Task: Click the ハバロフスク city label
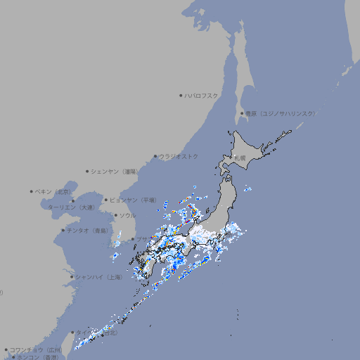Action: pos(202,95)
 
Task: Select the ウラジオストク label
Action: pos(179,156)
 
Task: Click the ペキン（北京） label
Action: pos(53,191)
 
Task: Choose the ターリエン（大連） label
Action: pos(70,207)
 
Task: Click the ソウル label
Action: pos(127,215)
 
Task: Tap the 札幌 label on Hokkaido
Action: pos(240,158)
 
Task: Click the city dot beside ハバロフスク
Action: pos(181,95)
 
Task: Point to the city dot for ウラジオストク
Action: pos(155,156)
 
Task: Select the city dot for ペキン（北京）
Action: pos(32,191)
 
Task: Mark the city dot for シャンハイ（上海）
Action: pos(72,277)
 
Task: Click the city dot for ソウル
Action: pos(115,215)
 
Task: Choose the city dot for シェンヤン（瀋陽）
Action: pos(87,171)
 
